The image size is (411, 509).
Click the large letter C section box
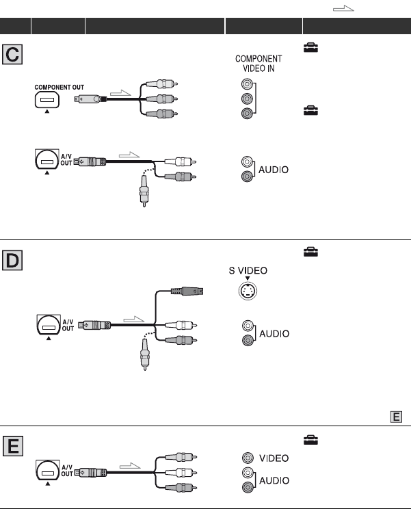pyautogui.click(x=12, y=54)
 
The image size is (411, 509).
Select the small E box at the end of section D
pyautogui.click(x=397, y=415)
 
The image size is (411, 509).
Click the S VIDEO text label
pyautogui.click(x=249, y=271)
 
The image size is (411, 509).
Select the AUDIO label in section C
pyautogui.click(x=274, y=169)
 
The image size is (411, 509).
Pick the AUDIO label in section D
pyautogui.click(x=274, y=333)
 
